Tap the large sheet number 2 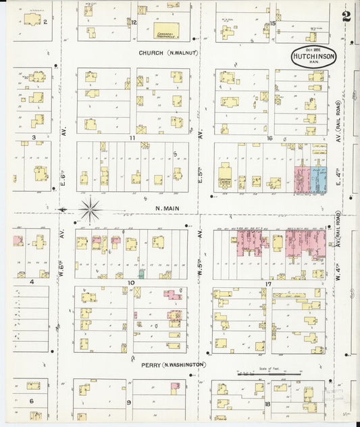click(x=346, y=17)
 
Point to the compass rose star click(x=91, y=209)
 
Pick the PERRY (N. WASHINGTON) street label click(x=172, y=364)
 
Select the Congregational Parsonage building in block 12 click(x=165, y=30)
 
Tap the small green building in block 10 click(x=141, y=274)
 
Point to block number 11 click(x=133, y=137)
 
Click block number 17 click(x=268, y=284)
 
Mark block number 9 click(x=128, y=402)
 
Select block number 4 click(x=31, y=282)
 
